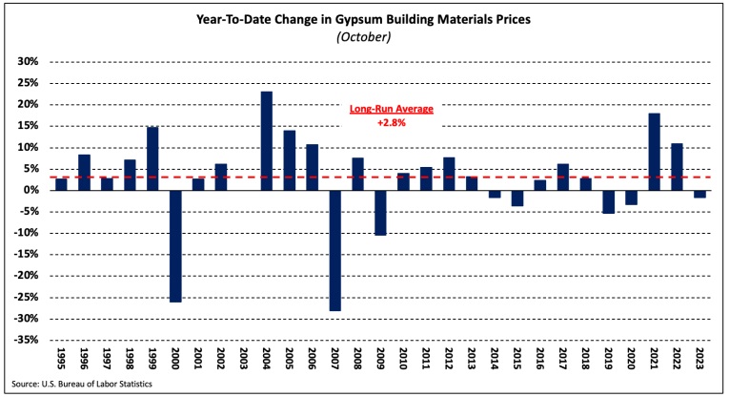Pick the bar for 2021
[x=655, y=152]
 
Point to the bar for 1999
[x=152, y=158]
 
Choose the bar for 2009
[x=381, y=212]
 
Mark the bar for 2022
[x=678, y=167]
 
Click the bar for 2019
[x=609, y=201]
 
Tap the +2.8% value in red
[x=391, y=122]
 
